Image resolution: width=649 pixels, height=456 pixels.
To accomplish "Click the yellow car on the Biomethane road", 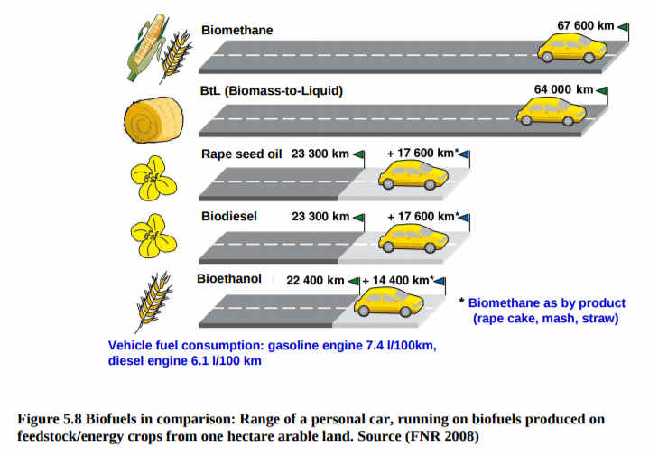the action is coord(572,48).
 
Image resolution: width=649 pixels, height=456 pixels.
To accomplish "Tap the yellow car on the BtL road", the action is coord(551,111).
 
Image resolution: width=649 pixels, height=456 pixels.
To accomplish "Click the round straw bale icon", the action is coord(153,119).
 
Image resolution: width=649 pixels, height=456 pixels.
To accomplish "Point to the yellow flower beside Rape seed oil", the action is coord(153,179).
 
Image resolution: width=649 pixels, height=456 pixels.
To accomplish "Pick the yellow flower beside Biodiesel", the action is coord(153,236).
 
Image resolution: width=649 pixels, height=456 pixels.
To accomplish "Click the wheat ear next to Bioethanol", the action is coord(153,302).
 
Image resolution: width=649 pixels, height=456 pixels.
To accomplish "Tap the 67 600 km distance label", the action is coord(585,25).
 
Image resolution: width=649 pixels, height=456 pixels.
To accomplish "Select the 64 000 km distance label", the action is coord(563,89).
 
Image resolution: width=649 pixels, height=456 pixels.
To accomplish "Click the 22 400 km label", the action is coord(315,281).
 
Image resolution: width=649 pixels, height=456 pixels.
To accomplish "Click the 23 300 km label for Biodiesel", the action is coord(320,217).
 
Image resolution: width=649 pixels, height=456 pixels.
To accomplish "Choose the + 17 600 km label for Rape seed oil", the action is coord(422,154).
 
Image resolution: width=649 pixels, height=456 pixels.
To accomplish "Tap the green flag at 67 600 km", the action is coord(624,27).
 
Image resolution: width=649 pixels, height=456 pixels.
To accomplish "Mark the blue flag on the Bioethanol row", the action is coord(440,282).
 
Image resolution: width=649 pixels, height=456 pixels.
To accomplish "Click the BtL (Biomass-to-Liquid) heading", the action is coord(272,90).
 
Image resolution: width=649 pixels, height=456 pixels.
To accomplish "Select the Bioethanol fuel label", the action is coord(229,279).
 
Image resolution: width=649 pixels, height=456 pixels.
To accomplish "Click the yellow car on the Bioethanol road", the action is coord(389,302).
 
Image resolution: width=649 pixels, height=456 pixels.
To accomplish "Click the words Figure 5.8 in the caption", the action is coord(50,419).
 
